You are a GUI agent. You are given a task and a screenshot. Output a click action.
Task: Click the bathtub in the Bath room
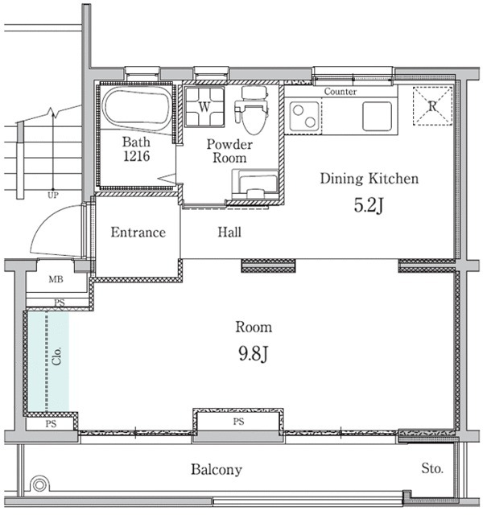click(x=138, y=111)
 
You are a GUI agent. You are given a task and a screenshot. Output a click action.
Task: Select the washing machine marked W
click(x=204, y=106)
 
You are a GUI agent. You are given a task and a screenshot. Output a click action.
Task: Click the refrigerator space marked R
click(x=432, y=105)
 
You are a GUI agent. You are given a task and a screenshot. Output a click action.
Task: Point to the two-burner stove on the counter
click(x=304, y=117)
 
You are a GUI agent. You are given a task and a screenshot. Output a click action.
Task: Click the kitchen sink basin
click(x=377, y=116)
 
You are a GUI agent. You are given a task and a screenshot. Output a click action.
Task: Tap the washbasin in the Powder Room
click(x=255, y=184)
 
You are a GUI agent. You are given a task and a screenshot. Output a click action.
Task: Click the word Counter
click(x=340, y=92)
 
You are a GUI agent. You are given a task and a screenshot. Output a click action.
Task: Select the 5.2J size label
click(x=369, y=206)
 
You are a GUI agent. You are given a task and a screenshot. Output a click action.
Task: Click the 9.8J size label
click(x=253, y=353)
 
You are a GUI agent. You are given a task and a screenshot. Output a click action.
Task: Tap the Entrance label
click(x=138, y=233)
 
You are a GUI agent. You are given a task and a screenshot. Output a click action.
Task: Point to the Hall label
click(x=229, y=233)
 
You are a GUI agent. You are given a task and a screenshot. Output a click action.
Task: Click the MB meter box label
click(x=56, y=279)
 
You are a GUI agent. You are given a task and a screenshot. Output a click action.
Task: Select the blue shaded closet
click(x=48, y=361)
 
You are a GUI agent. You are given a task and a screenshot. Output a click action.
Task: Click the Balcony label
click(x=217, y=470)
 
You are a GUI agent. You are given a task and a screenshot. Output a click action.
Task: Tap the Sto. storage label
click(x=432, y=468)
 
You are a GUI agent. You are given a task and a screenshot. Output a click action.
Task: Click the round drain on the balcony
click(x=39, y=484)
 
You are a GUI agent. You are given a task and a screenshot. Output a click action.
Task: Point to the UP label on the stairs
click(x=53, y=196)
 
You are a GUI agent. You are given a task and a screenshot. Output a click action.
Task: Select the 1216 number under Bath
click(x=137, y=156)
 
